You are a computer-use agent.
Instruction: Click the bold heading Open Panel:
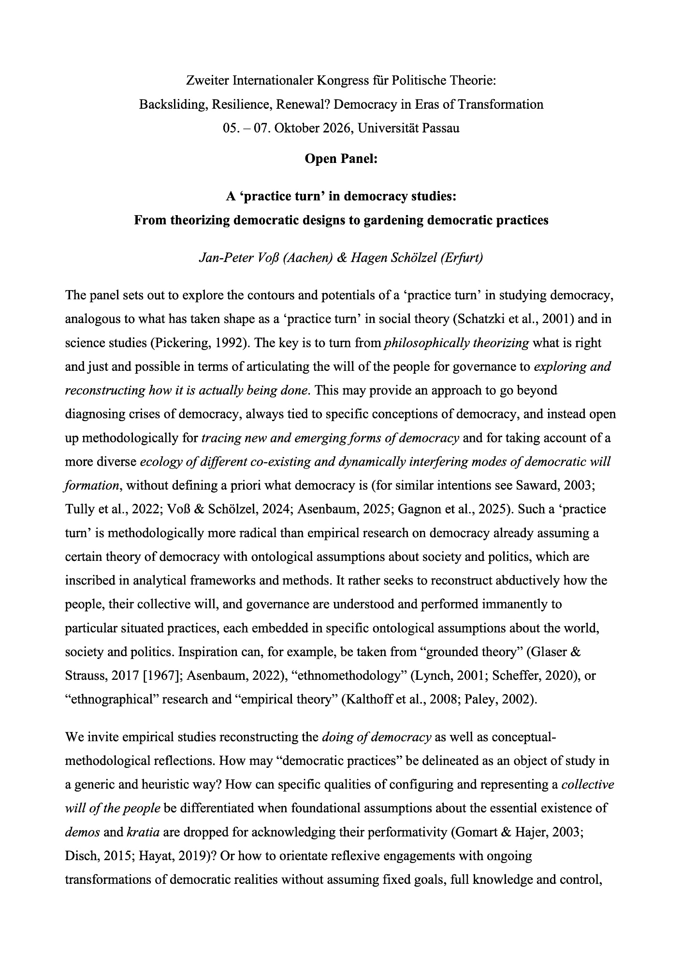[x=341, y=158]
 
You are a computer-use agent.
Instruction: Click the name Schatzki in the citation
[x=489, y=319]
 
